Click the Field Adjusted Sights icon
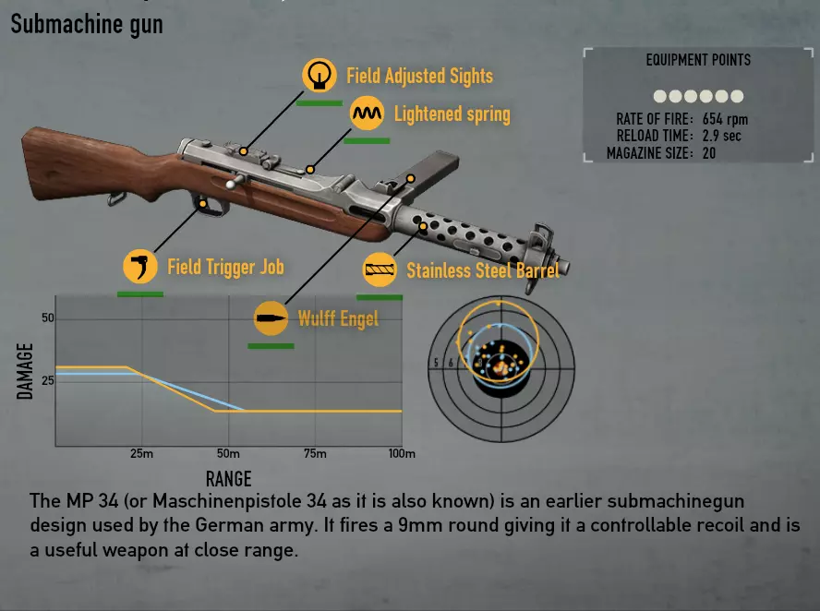point(320,75)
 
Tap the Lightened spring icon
point(367,114)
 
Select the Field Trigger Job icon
point(140,268)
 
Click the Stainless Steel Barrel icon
point(380,270)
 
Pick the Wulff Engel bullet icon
point(271,319)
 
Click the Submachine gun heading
point(87,24)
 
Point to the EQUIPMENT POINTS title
point(698,60)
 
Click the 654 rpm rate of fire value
point(725,119)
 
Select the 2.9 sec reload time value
point(721,136)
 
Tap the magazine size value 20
point(709,153)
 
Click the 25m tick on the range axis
point(141,454)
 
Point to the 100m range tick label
point(402,454)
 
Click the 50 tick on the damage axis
point(48,318)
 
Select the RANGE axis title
point(228,478)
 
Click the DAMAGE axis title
point(26,371)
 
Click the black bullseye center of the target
point(500,367)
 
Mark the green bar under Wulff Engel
point(271,346)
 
